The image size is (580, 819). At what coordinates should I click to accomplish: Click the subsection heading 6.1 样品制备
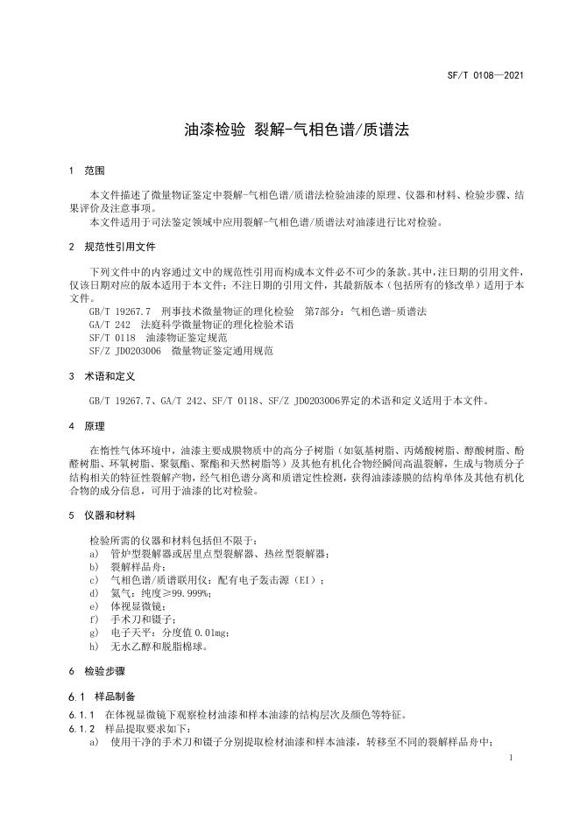103,696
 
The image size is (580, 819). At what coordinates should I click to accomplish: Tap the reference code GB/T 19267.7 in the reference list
120,311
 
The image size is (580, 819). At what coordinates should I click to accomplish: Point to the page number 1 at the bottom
510,757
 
